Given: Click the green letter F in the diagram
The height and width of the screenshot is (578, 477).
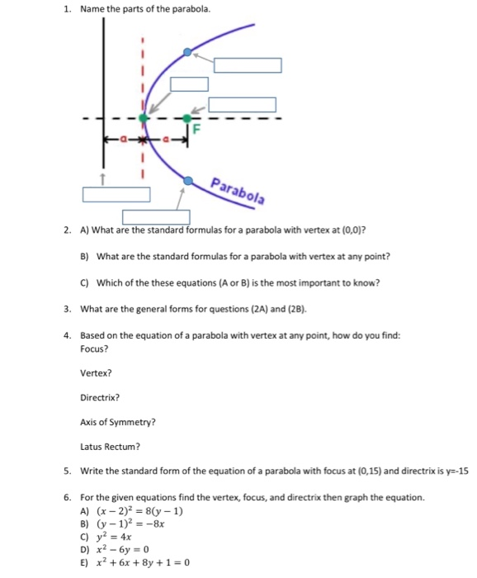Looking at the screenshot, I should tap(196, 129).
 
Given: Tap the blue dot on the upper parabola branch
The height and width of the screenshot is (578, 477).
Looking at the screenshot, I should tap(187, 52).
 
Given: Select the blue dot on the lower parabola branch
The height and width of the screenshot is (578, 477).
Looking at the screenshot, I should tap(189, 179).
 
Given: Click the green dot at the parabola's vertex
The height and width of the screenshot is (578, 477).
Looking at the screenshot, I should tap(144, 118).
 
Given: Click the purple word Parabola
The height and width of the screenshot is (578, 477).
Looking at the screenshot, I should tap(238, 190).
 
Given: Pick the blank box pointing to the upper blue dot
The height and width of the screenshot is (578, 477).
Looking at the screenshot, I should tap(248, 65).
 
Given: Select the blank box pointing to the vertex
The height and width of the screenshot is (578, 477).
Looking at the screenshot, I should tap(189, 84).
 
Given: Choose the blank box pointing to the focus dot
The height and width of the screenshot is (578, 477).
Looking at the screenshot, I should tap(242, 105).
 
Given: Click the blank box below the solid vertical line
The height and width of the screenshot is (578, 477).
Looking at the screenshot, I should tap(116, 195).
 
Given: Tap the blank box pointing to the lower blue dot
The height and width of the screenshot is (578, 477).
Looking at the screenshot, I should tap(157, 217).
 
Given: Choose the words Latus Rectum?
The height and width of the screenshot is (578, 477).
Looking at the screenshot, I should tap(110, 447).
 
